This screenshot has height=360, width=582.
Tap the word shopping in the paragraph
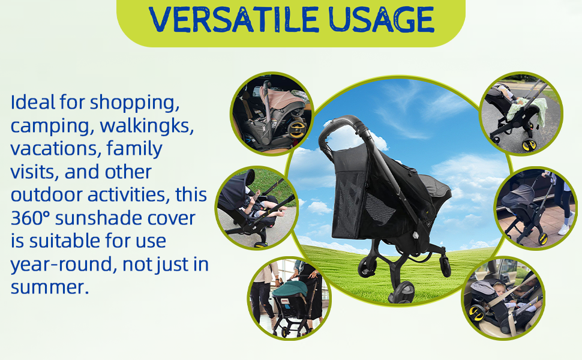pyautogui.click(x=135, y=103)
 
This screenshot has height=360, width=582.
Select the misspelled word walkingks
pyautogui.click(x=147, y=127)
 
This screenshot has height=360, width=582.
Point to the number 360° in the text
pyautogui.click(x=30, y=218)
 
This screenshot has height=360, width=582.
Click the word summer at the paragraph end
pyautogui.click(x=50, y=287)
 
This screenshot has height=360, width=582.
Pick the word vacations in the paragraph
pyautogui.click(x=56, y=149)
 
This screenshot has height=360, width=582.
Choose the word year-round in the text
pyautogui.click(x=64, y=265)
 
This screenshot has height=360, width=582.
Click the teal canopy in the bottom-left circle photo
pyautogui.click(x=290, y=288)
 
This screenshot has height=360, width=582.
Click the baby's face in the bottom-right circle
pyautogui.click(x=501, y=290)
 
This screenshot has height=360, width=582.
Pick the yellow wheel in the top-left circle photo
pyautogui.click(x=297, y=128)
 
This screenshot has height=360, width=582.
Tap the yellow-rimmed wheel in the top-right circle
pyautogui.click(x=529, y=145)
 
